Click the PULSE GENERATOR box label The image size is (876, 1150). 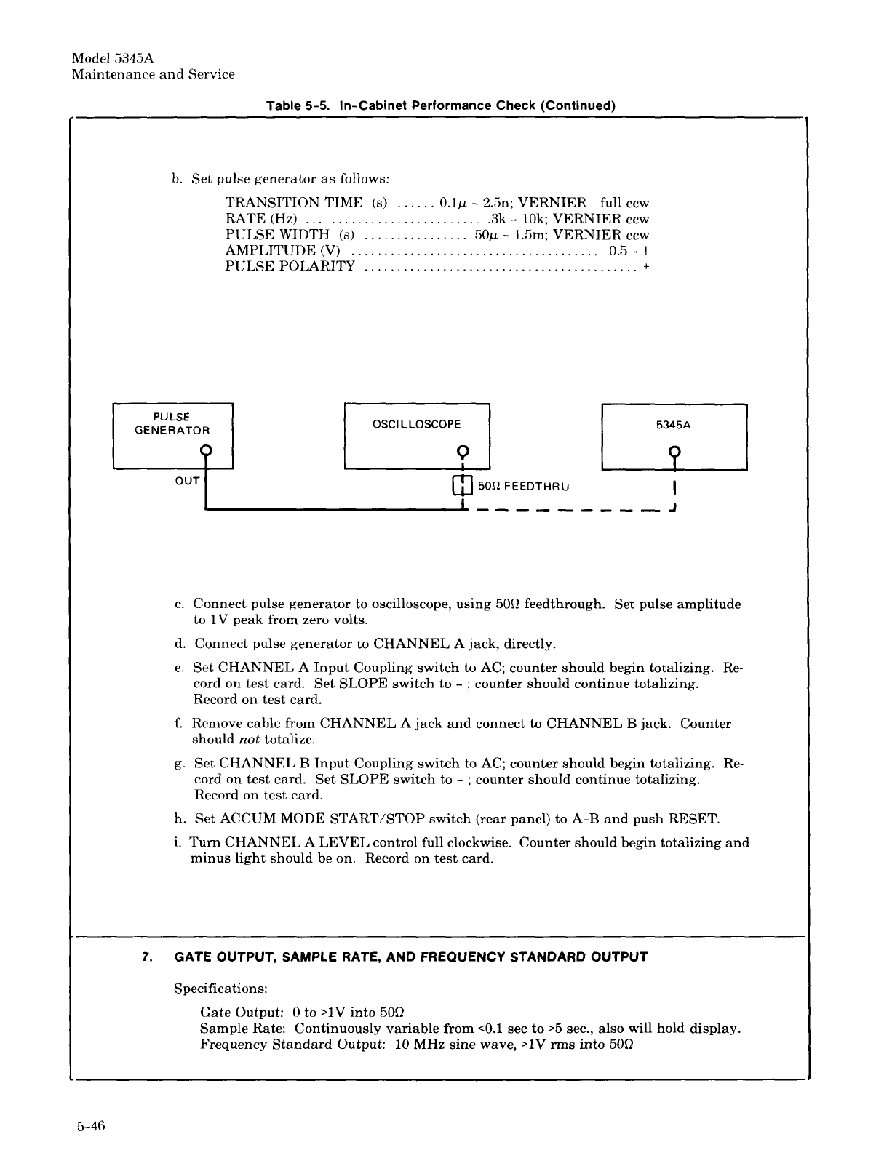click(172, 423)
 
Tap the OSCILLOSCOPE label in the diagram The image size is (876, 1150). click(417, 424)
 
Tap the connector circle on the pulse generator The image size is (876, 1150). click(207, 450)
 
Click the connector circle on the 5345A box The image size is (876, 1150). click(675, 451)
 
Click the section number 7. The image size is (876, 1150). click(147, 957)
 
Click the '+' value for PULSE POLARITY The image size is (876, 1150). click(645, 267)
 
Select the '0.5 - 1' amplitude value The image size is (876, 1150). click(624, 251)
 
